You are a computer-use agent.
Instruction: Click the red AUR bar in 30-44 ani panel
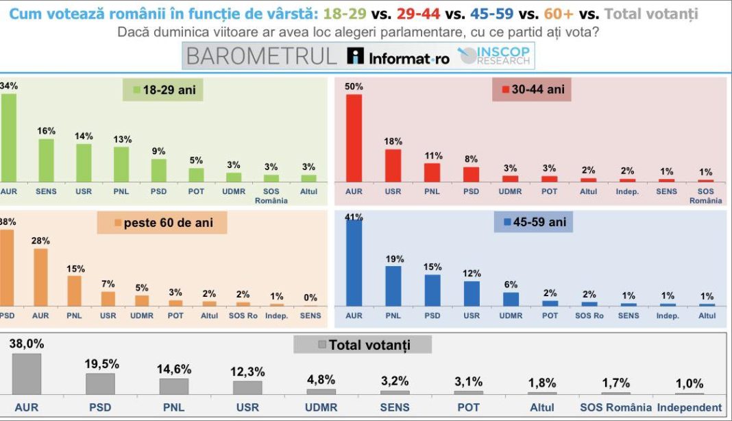click(x=354, y=137)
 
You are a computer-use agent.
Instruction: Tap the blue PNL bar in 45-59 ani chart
click(x=393, y=286)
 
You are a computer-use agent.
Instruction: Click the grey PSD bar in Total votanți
click(x=100, y=384)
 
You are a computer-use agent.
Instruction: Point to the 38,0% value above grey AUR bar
click(x=27, y=344)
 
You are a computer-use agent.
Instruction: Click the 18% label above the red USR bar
click(x=393, y=141)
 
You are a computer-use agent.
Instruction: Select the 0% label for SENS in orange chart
click(x=310, y=298)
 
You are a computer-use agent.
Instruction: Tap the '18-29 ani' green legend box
click(x=163, y=90)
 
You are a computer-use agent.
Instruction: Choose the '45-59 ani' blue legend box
click(x=533, y=222)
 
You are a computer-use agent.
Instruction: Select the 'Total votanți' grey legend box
click(x=363, y=344)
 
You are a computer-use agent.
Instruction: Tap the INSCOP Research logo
click(x=494, y=56)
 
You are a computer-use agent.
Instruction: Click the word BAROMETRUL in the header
click(x=262, y=56)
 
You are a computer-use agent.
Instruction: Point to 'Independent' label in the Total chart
click(x=690, y=407)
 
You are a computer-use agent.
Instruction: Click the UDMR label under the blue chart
click(x=510, y=316)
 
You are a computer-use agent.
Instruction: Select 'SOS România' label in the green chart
click(x=271, y=196)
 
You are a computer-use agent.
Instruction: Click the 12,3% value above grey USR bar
click(x=247, y=371)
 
